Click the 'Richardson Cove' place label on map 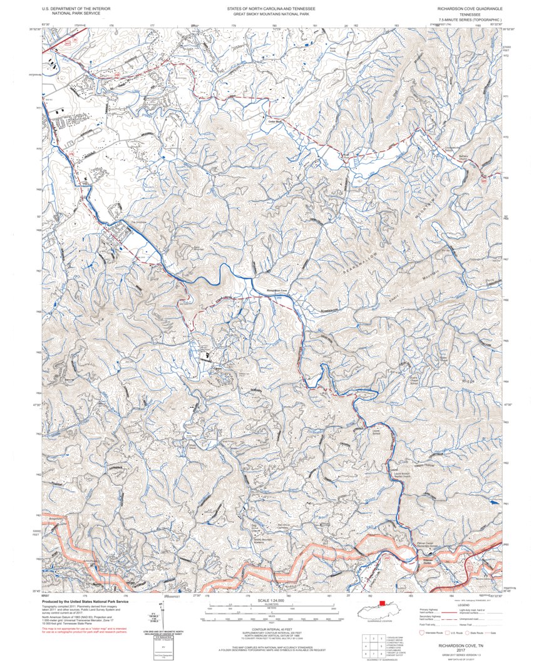[276, 291]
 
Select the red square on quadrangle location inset [382, 604]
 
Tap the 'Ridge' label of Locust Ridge [469, 381]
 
